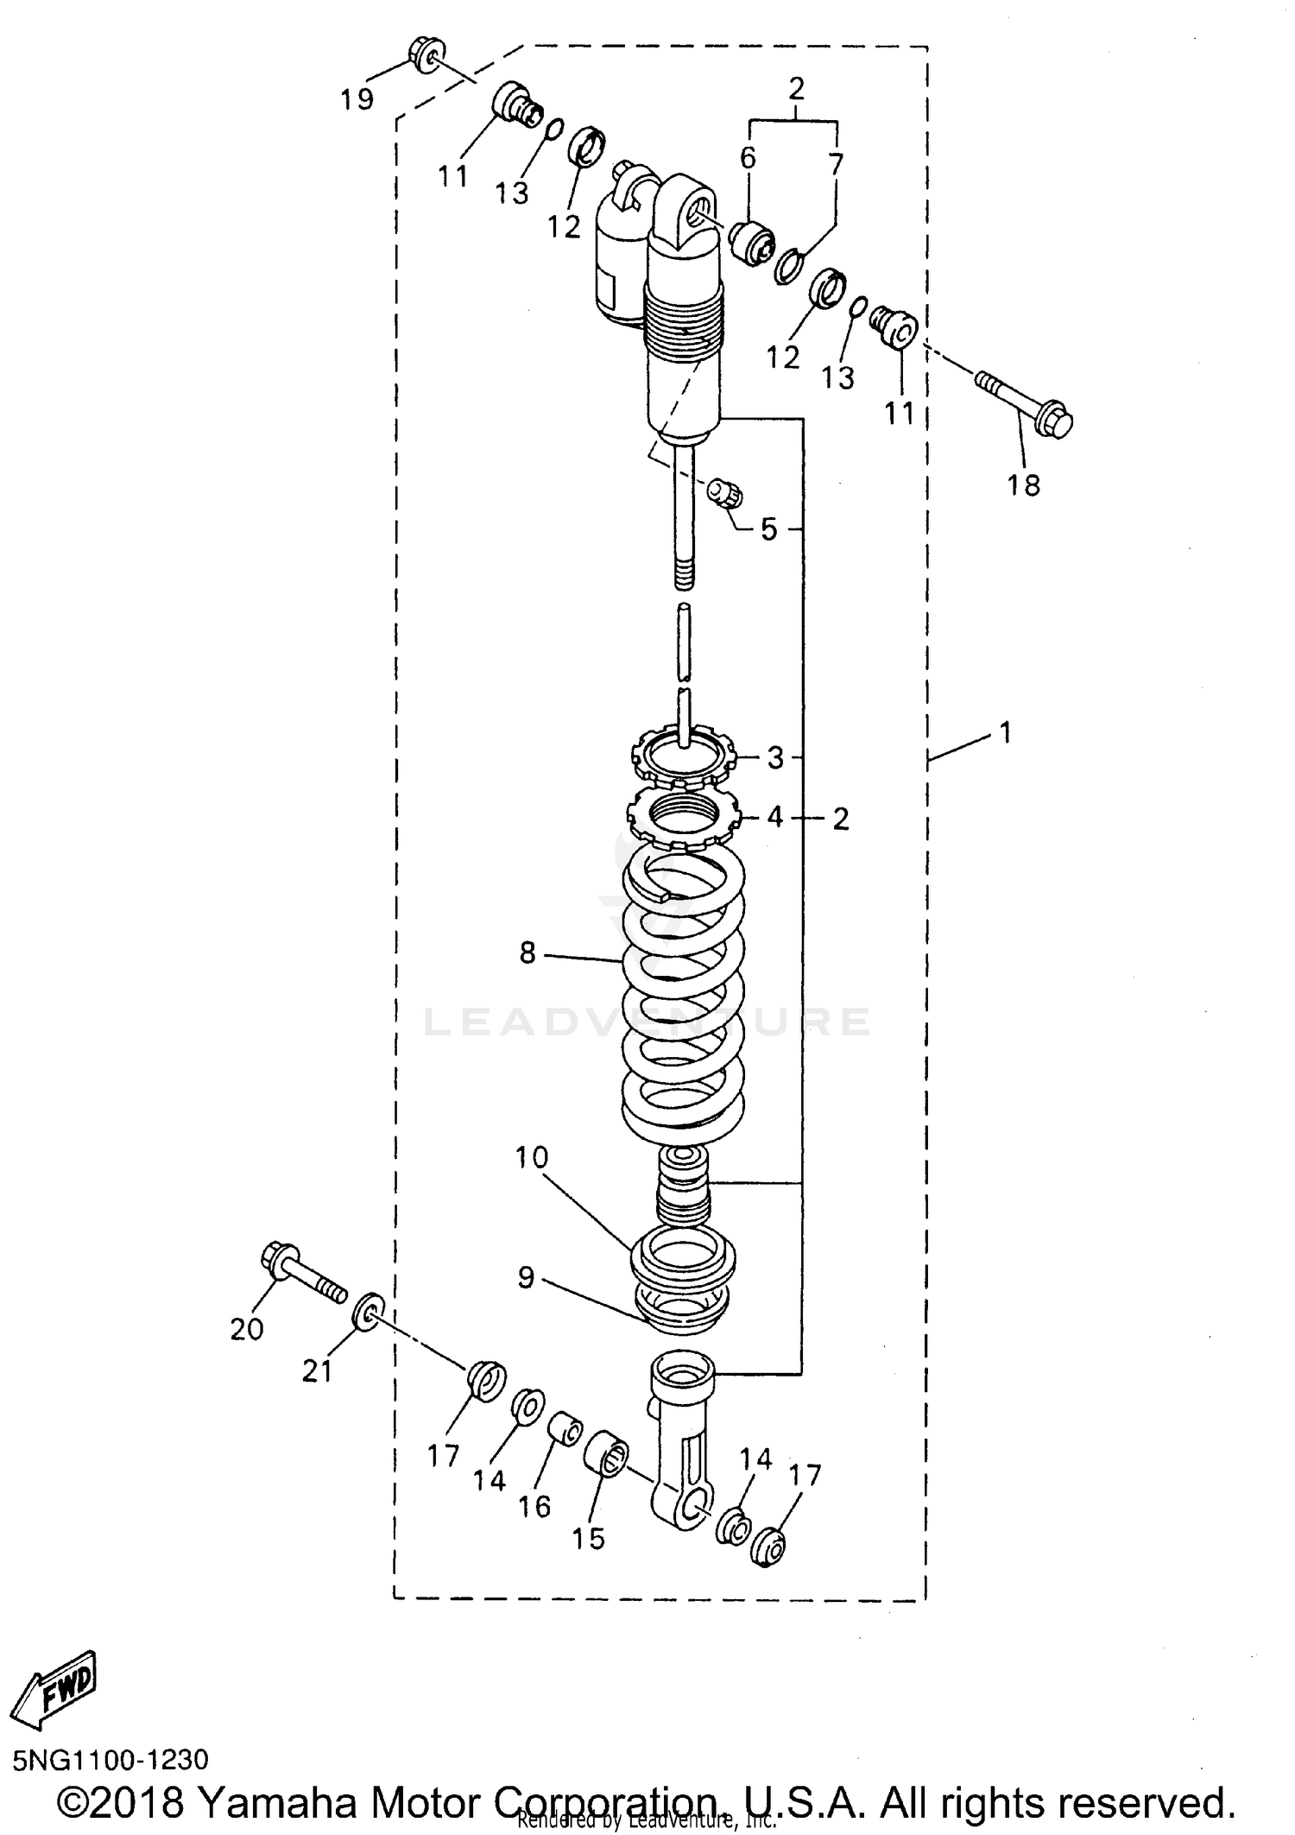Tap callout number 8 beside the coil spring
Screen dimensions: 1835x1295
click(x=527, y=952)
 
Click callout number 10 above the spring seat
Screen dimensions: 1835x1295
click(x=532, y=1157)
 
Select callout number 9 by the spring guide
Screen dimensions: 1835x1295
click(x=527, y=1277)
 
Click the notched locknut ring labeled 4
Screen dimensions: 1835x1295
click(x=683, y=818)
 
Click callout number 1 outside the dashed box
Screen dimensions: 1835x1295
click(x=1004, y=733)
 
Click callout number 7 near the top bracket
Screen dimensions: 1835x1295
click(x=835, y=164)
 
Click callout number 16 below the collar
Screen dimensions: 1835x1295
click(x=534, y=1506)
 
